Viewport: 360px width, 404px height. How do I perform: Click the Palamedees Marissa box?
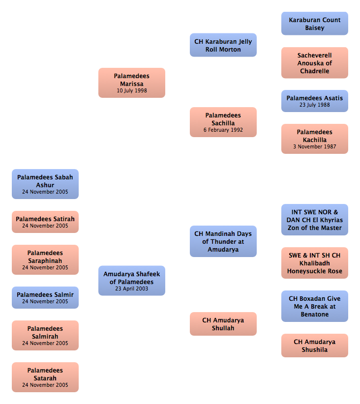(x=131, y=83)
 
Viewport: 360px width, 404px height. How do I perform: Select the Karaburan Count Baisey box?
(x=315, y=24)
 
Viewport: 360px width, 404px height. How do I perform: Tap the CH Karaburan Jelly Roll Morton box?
(x=223, y=45)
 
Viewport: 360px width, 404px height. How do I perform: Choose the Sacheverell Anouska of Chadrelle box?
(x=315, y=62)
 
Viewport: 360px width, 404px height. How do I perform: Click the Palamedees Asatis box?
(x=315, y=101)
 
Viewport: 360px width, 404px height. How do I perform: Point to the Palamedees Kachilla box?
(x=315, y=139)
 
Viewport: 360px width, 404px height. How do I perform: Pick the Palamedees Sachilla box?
(x=223, y=122)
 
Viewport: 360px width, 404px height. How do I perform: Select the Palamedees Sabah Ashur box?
(x=45, y=184)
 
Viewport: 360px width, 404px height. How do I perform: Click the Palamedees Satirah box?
(x=45, y=222)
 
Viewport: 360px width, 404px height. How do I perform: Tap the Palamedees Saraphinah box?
(x=45, y=260)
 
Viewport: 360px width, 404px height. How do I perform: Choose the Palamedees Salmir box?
(x=45, y=297)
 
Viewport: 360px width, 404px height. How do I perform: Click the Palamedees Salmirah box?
(x=45, y=336)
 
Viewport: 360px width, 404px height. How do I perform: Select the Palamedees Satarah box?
(x=45, y=377)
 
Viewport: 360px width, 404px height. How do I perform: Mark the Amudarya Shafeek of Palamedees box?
(x=131, y=281)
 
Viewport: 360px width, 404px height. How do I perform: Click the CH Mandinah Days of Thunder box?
(x=223, y=241)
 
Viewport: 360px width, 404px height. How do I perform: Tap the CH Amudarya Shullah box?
(x=223, y=324)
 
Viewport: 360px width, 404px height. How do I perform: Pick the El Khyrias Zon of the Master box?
(x=315, y=220)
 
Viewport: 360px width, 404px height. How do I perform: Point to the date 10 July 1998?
(x=132, y=91)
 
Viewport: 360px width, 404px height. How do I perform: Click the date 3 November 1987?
(x=315, y=146)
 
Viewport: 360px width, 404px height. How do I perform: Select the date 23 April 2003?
(x=131, y=289)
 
